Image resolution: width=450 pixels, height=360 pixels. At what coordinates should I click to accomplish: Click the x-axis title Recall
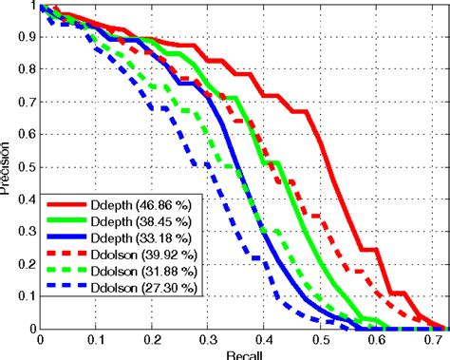coord(240,354)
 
